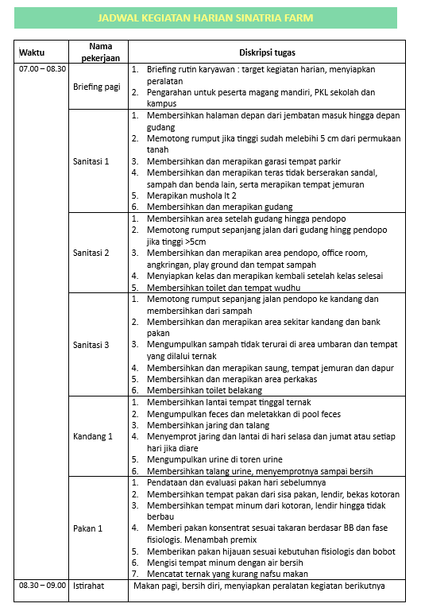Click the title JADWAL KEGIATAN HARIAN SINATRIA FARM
[205, 17]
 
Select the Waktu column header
[32, 52]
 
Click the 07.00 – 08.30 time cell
[42, 70]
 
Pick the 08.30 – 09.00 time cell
[42, 586]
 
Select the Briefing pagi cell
[97, 87]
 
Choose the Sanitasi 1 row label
[91, 161]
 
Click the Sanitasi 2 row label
[91, 253]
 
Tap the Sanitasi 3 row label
[91, 345]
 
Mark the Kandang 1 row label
[93, 436]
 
